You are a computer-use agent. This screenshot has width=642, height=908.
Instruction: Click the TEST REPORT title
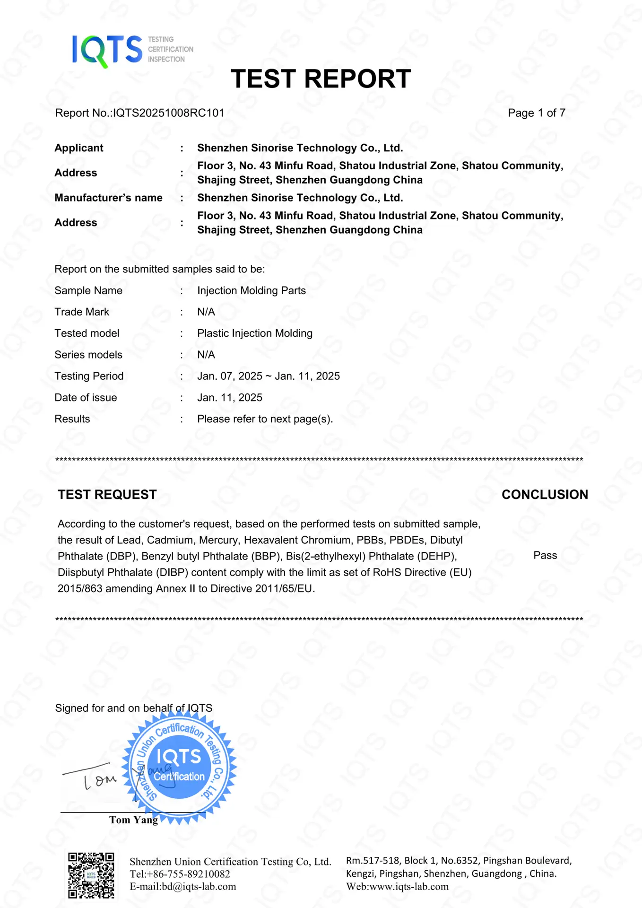click(321, 79)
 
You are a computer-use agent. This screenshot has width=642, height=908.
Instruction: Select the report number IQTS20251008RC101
click(168, 113)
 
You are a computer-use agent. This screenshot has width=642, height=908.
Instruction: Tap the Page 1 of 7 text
click(536, 113)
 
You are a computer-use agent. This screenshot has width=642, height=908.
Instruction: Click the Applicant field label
click(79, 148)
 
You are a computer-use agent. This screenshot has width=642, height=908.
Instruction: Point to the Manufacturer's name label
click(108, 198)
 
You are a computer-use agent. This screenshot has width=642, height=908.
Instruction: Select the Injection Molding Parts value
click(251, 290)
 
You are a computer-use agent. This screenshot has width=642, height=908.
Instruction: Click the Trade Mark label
click(82, 312)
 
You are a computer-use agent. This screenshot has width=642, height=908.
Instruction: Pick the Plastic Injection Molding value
click(255, 333)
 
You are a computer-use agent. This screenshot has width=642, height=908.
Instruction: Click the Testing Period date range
click(268, 376)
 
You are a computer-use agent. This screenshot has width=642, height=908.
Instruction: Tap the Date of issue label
click(86, 398)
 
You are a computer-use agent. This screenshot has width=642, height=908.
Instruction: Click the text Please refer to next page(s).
click(265, 419)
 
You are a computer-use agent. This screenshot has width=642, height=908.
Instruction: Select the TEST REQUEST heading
click(107, 495)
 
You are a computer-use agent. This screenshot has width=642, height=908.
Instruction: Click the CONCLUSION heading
click(545, 495)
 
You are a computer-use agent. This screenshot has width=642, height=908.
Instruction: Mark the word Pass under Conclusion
click(545, 555)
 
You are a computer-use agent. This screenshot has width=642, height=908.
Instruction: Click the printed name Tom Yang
click(134, 820)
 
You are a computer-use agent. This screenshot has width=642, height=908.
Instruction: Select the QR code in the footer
click(91, 875)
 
